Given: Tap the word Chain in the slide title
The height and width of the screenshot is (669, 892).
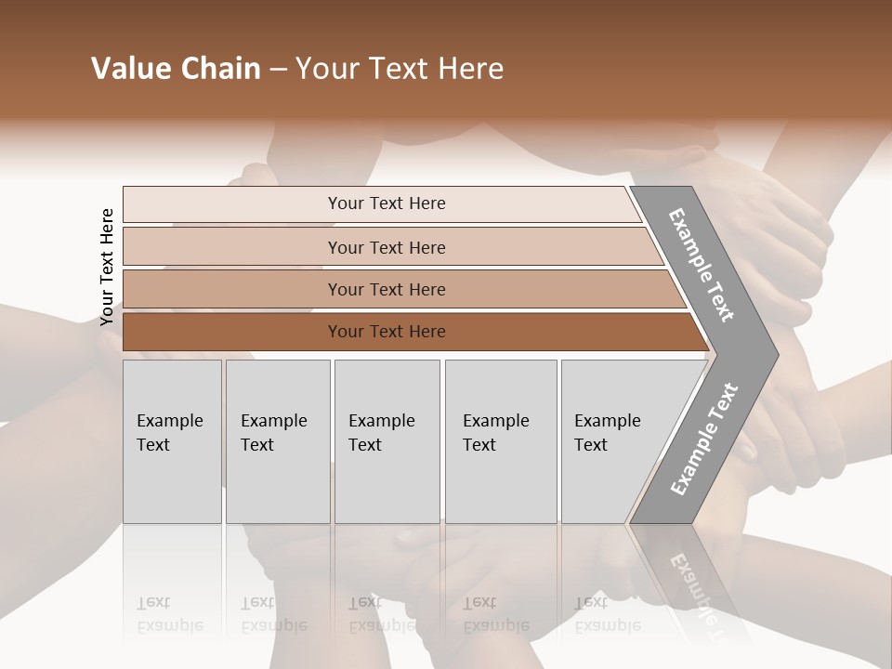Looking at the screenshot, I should pos(222,69).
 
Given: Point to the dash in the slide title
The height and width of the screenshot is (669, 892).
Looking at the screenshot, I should pos(278,70).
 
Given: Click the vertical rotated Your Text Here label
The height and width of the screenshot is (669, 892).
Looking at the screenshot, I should pos(107,267).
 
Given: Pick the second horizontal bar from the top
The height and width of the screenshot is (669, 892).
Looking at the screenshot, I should pos(386,247).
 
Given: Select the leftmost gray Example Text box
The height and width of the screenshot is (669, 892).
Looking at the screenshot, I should pos(172,441).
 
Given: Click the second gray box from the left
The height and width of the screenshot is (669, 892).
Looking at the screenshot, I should pos(277,441).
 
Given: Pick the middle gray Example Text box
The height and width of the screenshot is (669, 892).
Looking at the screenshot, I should pos(387,441).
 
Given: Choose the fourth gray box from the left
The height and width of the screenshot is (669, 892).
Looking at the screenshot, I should pos(500,441).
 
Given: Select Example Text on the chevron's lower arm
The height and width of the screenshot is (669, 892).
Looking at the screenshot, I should pos(704,439).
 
